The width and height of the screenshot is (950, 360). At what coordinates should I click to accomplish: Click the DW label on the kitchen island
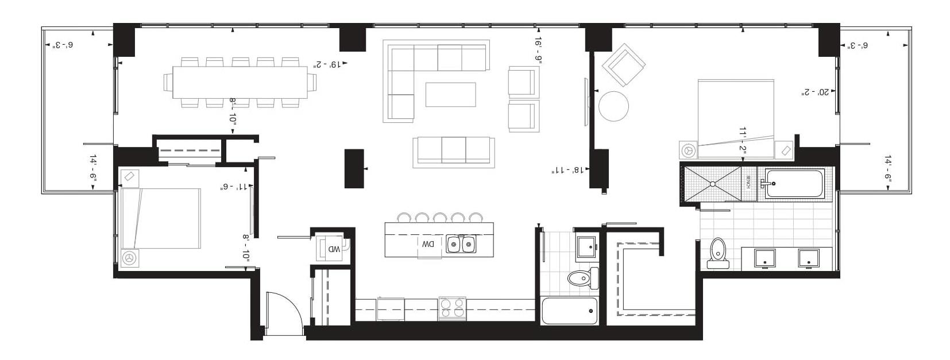[x=428, y=244]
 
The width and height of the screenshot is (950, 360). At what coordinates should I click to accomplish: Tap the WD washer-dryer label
[x=334, y=249]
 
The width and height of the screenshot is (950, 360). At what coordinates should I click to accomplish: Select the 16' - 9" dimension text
[x=538, y=50]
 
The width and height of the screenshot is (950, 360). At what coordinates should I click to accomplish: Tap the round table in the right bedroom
[x=613, y=106]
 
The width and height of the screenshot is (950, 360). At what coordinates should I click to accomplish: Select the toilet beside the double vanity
[x=718, y=253]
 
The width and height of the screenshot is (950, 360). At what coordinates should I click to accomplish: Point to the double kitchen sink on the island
[x=461, y=245]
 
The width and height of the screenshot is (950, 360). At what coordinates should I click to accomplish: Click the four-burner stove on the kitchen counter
[x=452, y=308]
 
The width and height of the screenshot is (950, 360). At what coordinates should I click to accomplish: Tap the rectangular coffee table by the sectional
[x=450, y=95]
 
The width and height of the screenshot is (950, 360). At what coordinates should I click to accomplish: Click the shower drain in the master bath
[x=712, y=184]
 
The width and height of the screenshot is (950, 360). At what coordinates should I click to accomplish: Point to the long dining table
[x=240, y=83]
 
